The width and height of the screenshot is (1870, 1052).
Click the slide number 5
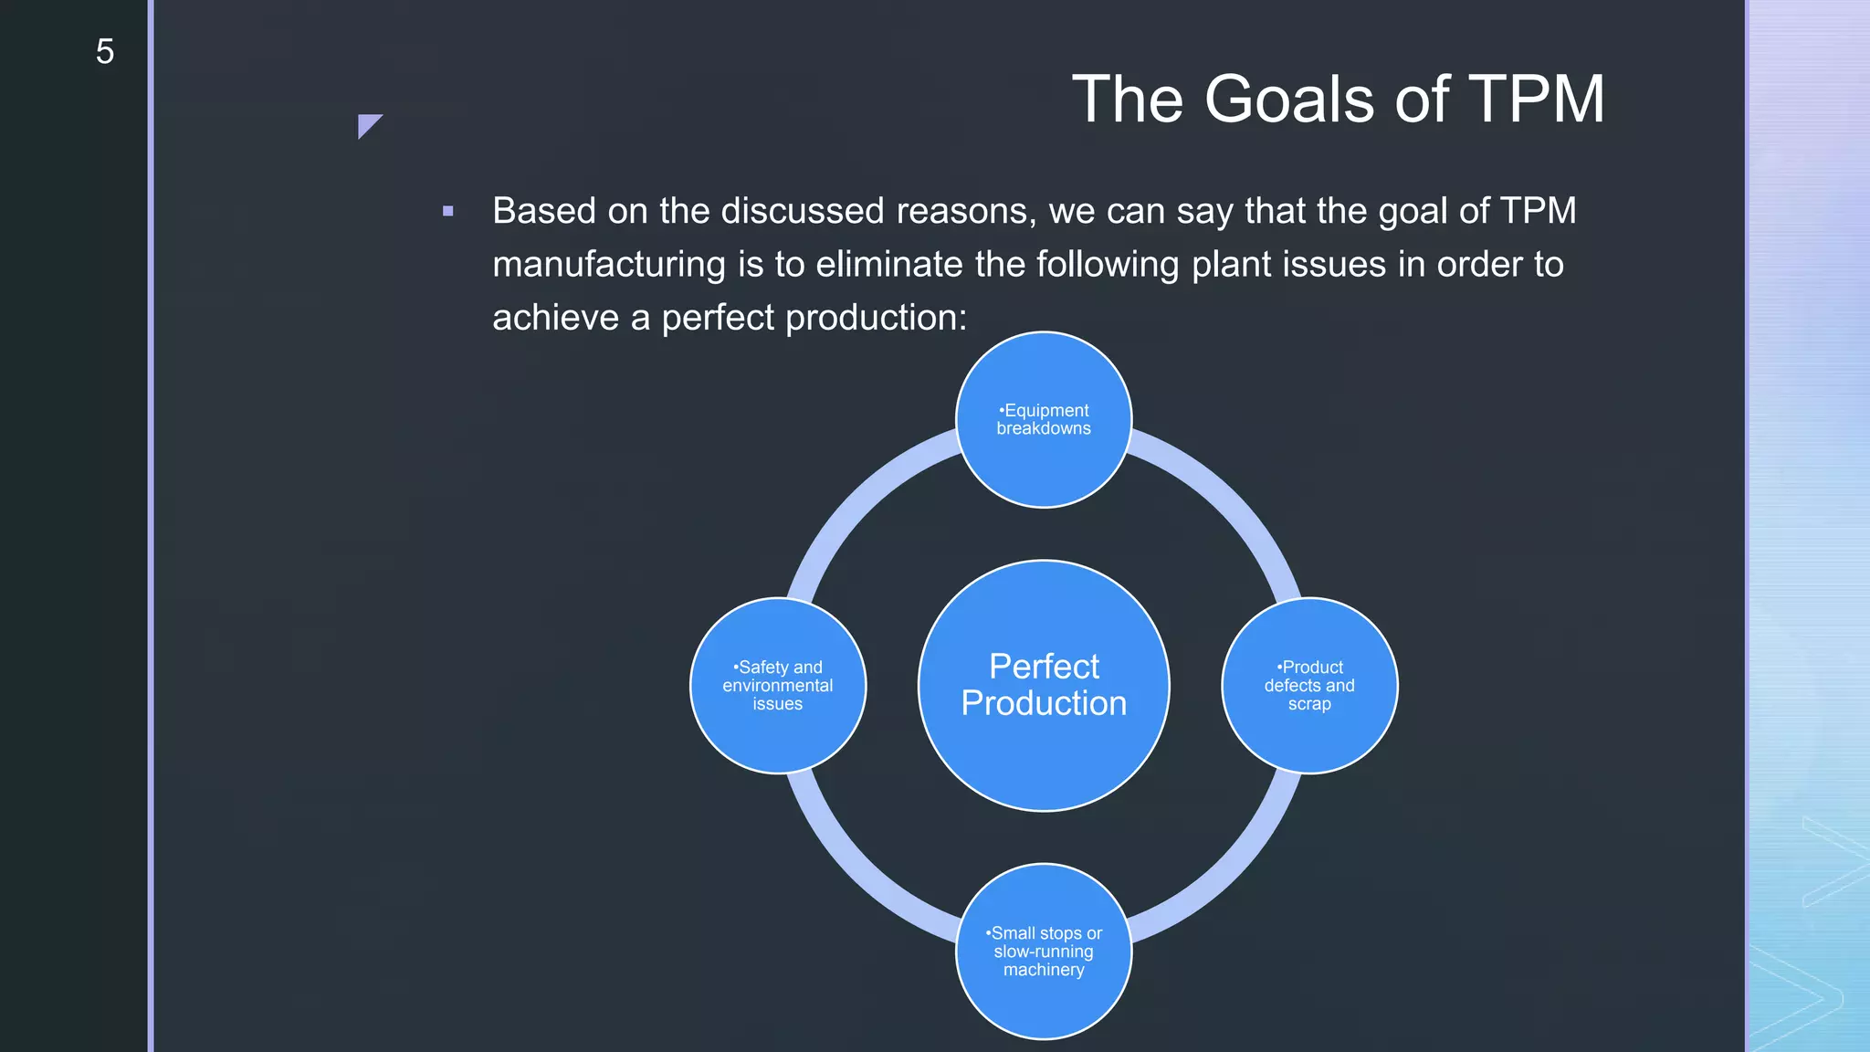[x=105, y=52]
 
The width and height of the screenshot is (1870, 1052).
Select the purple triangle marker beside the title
[x=367, y=124]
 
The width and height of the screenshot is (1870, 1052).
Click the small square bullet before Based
[x=447, y=211]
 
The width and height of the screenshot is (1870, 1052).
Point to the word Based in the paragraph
[x=544, y=211]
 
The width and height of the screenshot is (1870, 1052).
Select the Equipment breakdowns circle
[x=1044, y=419]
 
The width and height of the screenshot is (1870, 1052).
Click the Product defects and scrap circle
[x=1309, y=685]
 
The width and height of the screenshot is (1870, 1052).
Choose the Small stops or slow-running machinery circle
[x=1044, y=951]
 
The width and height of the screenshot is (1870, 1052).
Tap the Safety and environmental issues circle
[x=778, y=685]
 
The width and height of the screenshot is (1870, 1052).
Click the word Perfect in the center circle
[x=1044, y=666]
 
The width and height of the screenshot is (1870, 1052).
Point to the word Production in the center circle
[x=1044, y=703]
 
